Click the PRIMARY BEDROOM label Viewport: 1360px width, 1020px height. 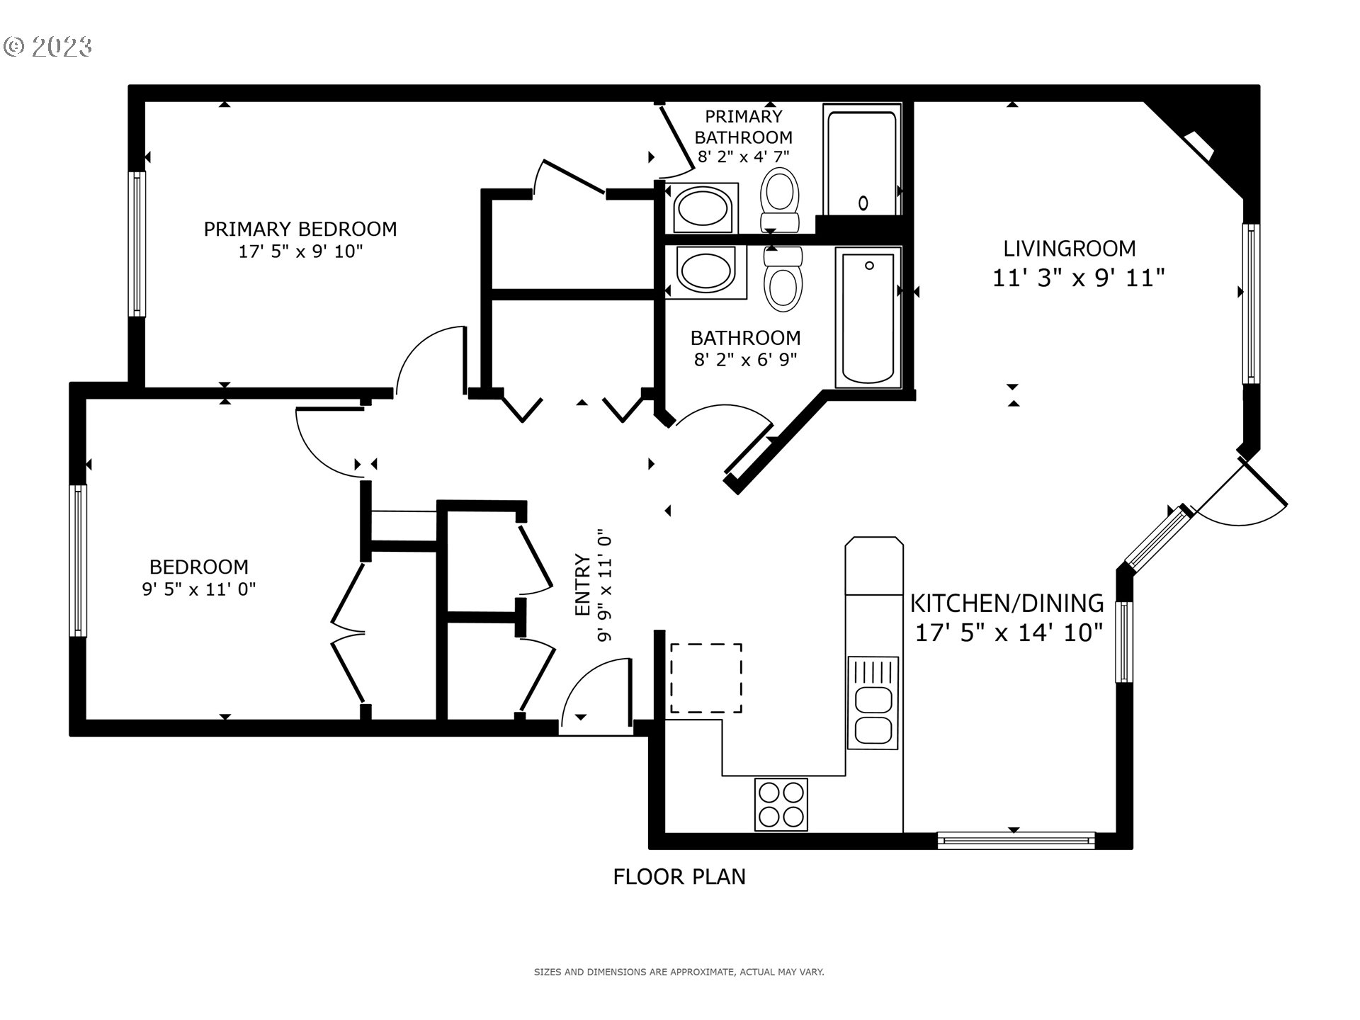tap(300, 229)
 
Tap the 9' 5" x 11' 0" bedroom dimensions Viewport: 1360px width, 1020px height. tap(198, 589)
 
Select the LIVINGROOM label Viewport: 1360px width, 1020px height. tap(1069, 249)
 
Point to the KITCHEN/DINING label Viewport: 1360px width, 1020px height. tap(1007, 603)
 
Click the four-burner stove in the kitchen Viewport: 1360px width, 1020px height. tap(781, 804)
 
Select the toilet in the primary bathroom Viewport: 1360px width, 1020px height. tap(780, 197)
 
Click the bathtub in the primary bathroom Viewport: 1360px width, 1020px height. tap(862, 162)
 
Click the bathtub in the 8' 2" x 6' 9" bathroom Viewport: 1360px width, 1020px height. tap(868, 317)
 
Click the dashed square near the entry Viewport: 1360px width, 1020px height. tap(705, 678)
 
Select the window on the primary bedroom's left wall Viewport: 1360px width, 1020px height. tap(137, 243)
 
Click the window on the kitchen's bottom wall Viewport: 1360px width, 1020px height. tap(1016, 841)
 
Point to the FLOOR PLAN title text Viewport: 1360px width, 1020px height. tap(679, 877)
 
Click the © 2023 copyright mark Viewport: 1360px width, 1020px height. tap(48, 47)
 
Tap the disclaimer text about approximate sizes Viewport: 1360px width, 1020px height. tap(679, 973)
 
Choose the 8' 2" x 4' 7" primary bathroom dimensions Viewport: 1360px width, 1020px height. tap(743, 157)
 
